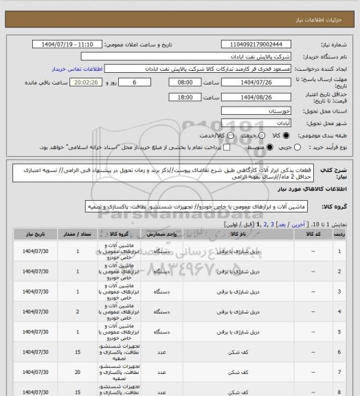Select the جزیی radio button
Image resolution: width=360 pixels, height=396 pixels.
[298, 147]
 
